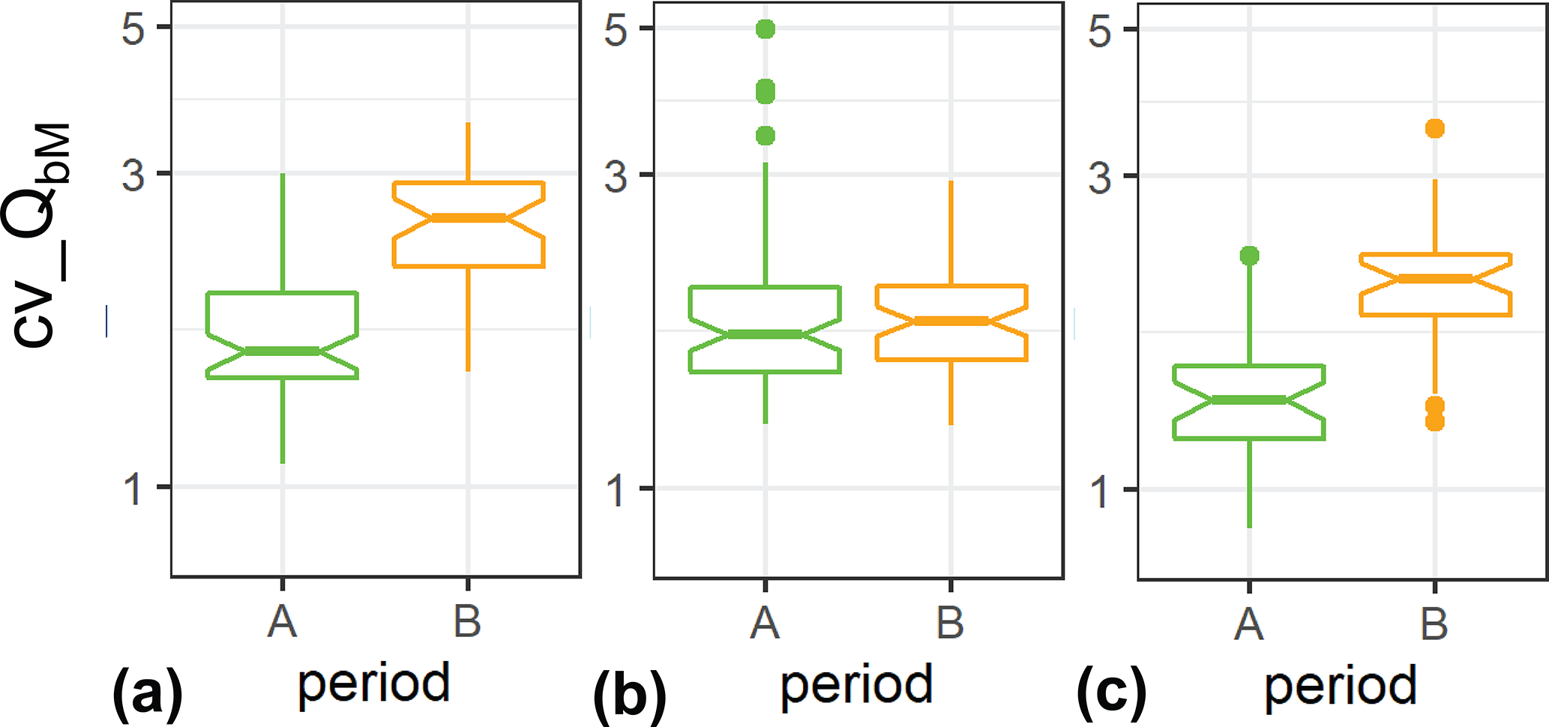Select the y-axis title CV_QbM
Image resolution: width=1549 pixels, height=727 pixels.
pyautogui.click(x=37, y=235)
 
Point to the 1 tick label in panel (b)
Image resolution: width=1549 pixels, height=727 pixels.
pyautogui.click(x=616, y=491)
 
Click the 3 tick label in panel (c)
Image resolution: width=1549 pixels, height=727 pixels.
pyautogui.click(x=1100, y=178)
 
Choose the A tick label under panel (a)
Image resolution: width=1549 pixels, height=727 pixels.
pyautogui.click(x=282, y=621)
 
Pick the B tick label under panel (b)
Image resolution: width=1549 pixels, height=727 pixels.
pyautogui.click(x=950, y=623)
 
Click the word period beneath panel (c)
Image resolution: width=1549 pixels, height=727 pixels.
pyautogui.click(x=1341, y=687)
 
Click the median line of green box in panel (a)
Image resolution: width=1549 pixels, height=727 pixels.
pyautogui.click(x=282, y=351)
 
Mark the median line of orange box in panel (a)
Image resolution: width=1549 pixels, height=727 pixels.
pyautogui.click(x=468, y=218)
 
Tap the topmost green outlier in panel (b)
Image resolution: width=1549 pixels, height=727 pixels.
pyautogui.click(x=765, y=29)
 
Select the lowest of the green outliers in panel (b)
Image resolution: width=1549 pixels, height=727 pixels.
pyautogui.click(x=765, y=136)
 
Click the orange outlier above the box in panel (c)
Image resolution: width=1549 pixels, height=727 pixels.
pyautogui.click(x=1434, y=129)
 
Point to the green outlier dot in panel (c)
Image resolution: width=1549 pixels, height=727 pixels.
pyautogui.click(x=1249, y=256)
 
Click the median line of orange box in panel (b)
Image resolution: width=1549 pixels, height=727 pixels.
pyautogui.click(x=951, y=321)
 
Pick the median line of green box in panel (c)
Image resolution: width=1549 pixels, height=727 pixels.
pyautogui.click(x=1249, y=400)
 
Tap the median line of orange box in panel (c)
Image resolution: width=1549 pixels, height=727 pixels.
pyautogui.click(x=1434, y=279)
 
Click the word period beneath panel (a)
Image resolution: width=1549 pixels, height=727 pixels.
pyautogui.click(x=373, y=684)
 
